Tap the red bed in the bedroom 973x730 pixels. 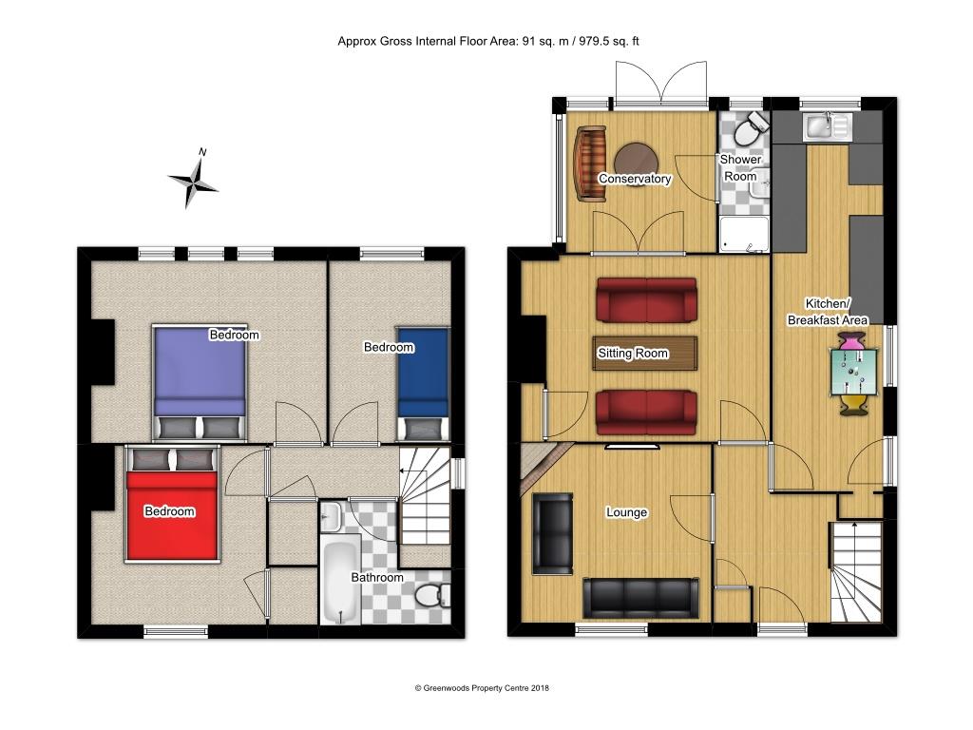[173, 513]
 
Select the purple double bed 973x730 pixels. [200, 371]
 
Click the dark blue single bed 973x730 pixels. [422, 373]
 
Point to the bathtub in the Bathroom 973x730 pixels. [339, 581]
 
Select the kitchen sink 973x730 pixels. [830, 126]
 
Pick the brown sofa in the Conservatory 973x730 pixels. [589, 163]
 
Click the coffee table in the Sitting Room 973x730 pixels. [645, 353]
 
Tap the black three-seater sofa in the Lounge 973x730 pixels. [640, 597]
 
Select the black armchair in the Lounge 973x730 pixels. [552, 533]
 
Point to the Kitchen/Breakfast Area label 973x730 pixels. [827, 312]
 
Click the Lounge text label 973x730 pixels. [626, 512]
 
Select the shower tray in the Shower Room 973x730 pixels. [742, 235]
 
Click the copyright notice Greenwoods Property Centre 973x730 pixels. [482, 687]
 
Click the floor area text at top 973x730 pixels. [494, 41]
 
